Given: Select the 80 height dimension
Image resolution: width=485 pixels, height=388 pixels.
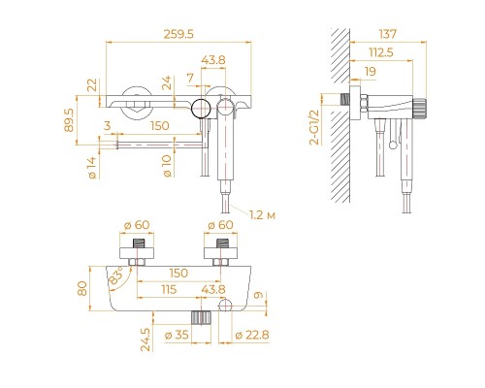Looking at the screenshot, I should tap(82, 288).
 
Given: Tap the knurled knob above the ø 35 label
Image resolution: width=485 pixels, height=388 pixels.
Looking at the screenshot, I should tap(201, 318).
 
